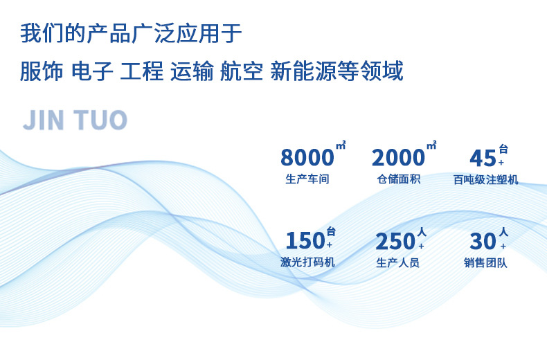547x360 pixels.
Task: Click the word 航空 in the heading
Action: point(242,71)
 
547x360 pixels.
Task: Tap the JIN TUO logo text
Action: point(75,120)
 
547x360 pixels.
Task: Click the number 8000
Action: point(307,158)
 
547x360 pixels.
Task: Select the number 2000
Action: point(398,158)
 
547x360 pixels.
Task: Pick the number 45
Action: point(483,158)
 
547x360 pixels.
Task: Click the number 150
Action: point(305,241)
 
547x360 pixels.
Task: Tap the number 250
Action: point(395,241)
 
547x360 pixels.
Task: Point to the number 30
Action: point(483,241)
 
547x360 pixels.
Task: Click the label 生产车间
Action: point(306,180)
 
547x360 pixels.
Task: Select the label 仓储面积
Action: point(398,180)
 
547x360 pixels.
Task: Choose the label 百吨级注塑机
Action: point(485,180)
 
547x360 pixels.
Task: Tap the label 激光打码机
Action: point(308,263)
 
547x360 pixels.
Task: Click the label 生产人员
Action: point(397,263)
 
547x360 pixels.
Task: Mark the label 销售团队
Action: point(485,263)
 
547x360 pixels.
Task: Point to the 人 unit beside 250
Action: point(421,231)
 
